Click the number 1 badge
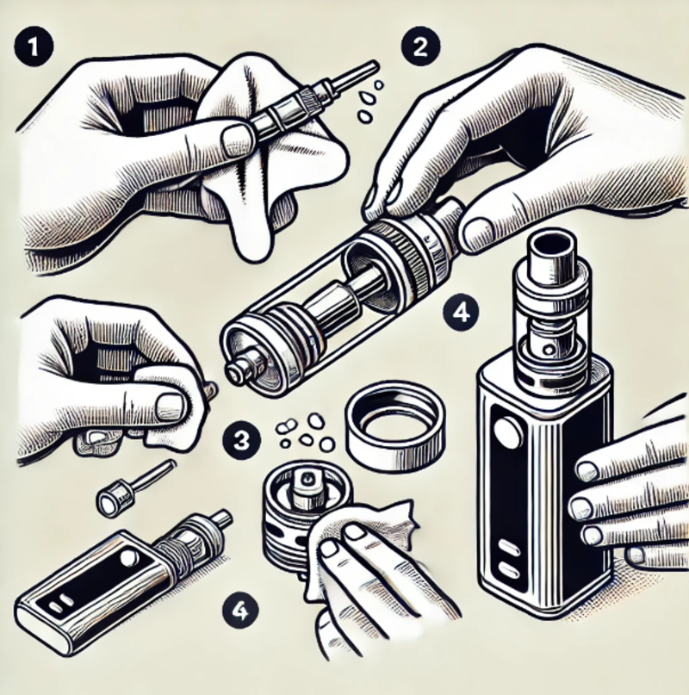pyautogui.click(x=34, y=47)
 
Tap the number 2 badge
pyautogui.click(x=420, y=47)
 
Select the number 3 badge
pyautogui.click(x=241, y=441)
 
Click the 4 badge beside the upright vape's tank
pyautogui.click(x=461, y=313)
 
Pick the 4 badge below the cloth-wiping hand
pyautogui.click(x=240, y=611)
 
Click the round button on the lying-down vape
pyautogui.click(x=128, y=557)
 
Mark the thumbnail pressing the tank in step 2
pyautogui.click(x=478, y=234)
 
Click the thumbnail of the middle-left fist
pyautogui.click(x=171, y=406)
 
